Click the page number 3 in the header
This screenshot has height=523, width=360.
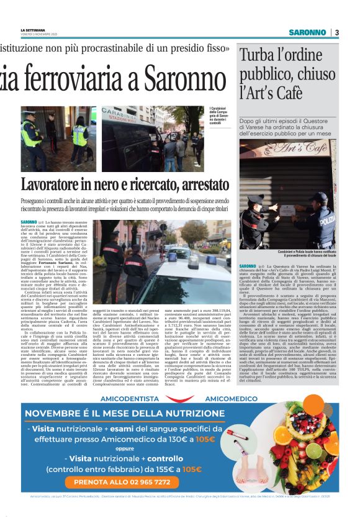coord(336,32)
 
